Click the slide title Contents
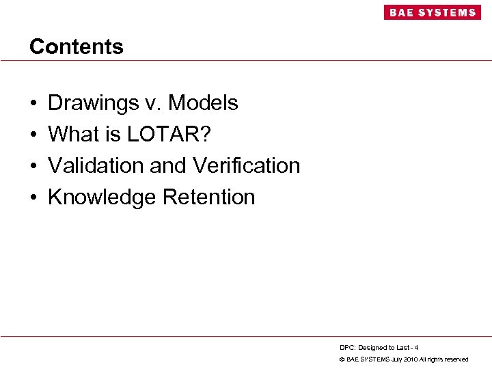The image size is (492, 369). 77,46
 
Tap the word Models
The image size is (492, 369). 203,103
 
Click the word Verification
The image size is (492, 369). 247,165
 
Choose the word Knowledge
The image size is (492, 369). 102,197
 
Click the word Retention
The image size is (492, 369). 208,197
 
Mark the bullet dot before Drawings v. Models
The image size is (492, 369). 33,104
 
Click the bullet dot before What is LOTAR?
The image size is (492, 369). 33,135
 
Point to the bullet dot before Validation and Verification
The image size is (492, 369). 33,166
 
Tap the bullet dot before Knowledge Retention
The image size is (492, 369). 33,197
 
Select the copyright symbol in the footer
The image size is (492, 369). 342,359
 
